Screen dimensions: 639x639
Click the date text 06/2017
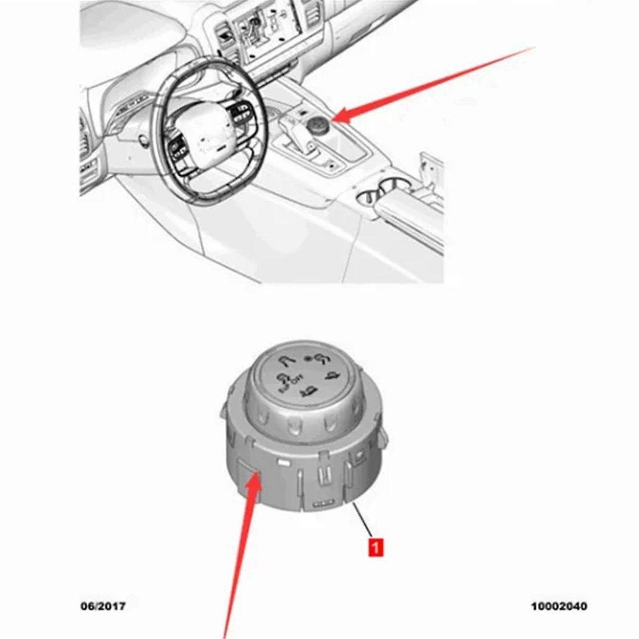coord(103,607)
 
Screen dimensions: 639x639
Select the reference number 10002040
coord(559,607)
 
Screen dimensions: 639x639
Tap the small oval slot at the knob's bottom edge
coord(321,502)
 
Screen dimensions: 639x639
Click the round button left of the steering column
coord(143,141)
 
